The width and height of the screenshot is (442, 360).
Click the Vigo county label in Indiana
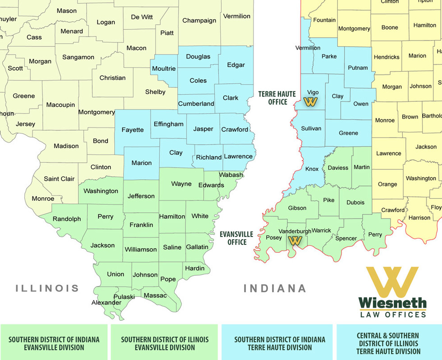coord(313,92)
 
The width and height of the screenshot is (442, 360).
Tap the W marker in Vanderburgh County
coord(295,241)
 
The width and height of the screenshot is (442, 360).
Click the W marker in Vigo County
coord(311,102)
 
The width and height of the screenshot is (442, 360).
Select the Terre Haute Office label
coord(277,98)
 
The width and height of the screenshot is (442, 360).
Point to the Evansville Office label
coord(236,238)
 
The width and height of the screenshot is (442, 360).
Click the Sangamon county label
coord(78,57)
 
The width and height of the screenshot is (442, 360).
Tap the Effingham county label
coord(169,124)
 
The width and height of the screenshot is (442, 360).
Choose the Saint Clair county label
coord(59,179)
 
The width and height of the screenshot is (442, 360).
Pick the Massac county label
coord(155,296)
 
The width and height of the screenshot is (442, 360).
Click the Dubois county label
coord(355,202)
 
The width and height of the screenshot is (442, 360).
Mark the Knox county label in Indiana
coord(312,169)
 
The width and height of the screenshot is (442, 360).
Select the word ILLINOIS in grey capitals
coord(47,288)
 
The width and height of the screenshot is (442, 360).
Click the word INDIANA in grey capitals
coord(275,288)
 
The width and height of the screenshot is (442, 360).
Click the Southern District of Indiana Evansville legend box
coord(54,343)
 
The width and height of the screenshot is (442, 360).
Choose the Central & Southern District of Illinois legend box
coord(388,343)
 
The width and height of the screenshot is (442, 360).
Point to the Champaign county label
coord(199,21)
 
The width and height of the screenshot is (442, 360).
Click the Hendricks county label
coord(387,57)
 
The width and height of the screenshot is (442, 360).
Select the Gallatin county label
coord(197,247)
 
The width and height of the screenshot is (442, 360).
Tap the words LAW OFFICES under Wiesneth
coord(392,314)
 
